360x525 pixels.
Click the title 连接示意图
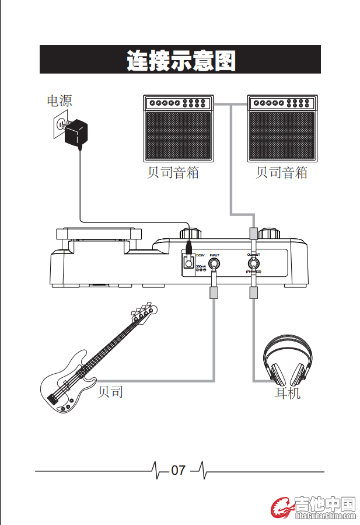[180, 60]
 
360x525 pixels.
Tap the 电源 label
[60, 100]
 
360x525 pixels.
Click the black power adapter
[76, 132]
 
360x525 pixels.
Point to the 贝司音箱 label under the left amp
[173, 173]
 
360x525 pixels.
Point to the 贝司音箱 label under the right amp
[281, 173]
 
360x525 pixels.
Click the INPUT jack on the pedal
[214, 266]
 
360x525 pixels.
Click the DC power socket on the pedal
[188, 262]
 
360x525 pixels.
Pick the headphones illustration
[287, 358]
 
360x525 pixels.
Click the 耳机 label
[287, 393]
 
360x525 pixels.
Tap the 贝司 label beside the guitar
[110, 392]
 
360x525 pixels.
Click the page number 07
[178, 470]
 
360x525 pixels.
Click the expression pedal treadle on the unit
[99, 234]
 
